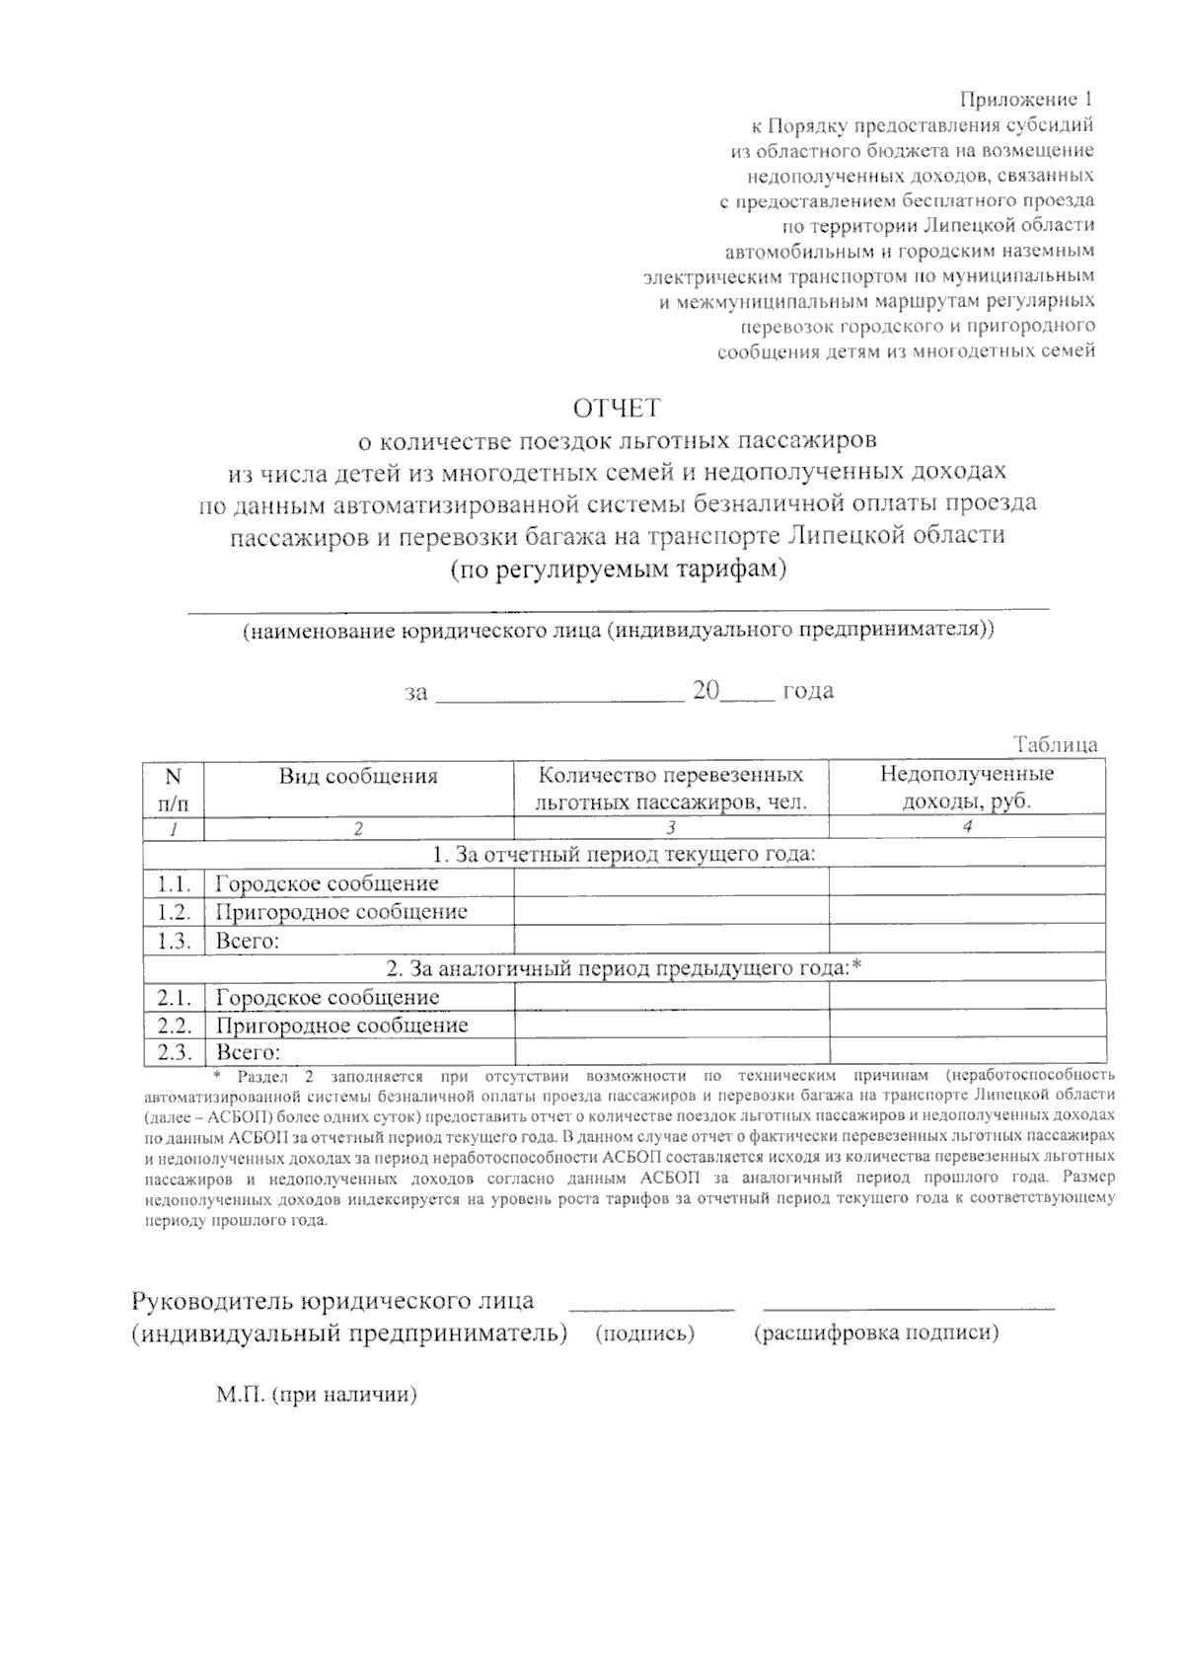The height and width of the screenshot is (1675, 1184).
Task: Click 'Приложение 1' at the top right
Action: pyautogui.click(x=1026, y=100)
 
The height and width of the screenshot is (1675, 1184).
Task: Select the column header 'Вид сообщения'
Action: pyautogui.click(x=358, y=776)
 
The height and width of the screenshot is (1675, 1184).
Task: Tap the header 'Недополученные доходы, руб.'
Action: pyautogui.click(x=967, y=788)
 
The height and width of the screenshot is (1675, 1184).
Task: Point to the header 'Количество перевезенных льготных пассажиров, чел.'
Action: pyautogui.click(x=671, y=788)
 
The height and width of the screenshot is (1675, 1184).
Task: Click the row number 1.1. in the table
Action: pyautogui.click(x=174, y=883)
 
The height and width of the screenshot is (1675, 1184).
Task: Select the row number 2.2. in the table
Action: pyautogui.click(x=174, y=1026)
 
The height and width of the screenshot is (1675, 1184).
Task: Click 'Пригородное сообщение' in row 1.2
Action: pyautogui.click(x=341, y=912)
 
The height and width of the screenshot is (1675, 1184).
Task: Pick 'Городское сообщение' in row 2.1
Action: pyautogui.click(x=328, y=998)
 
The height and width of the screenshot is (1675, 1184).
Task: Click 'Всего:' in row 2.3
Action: pyautogui.click(x=249, y=1052)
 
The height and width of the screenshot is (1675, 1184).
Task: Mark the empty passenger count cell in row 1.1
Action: pyautogui.click(x=671, y=883)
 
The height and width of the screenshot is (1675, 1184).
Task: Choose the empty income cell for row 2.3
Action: pyautogui.click(x=967, y=1052)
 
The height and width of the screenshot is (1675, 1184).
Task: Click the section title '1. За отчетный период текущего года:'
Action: pyautogui.click(x=624, y=854)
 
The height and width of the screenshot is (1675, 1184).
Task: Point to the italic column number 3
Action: pyautogui.click(x=671, y=829)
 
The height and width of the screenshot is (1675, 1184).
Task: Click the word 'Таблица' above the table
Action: pyautogui.click(x=1055, y=745)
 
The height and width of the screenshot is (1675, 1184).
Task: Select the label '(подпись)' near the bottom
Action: pyautogui.click(x=645, y=1333)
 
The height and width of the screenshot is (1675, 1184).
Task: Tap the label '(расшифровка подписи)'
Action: pyautogui.click(x=876, y=1333)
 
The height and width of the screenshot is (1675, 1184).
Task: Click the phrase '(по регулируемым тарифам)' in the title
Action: pyautogui.click(x=618, y=571)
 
